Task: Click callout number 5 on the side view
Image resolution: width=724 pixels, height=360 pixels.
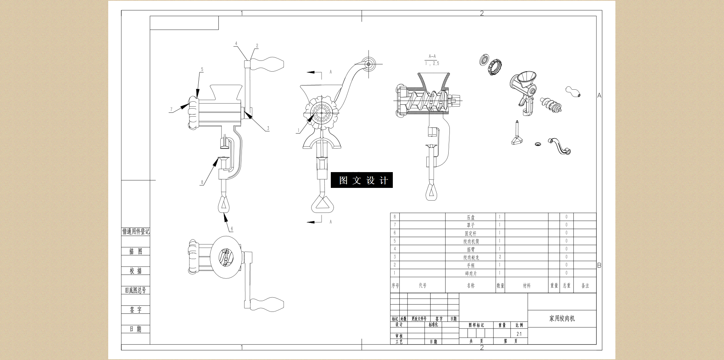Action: click(202, 70)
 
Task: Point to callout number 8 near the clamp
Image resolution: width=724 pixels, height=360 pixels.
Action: click(202, 183)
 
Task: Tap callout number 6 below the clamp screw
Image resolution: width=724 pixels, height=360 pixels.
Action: click(232, 229)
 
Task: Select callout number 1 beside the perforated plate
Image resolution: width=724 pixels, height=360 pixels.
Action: click(298, 131)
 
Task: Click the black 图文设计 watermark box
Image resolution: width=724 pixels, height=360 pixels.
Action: click(362, 180)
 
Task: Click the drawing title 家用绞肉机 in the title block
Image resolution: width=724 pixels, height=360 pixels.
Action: click(562, 318)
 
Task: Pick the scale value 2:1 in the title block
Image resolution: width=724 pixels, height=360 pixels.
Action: click(519, 334)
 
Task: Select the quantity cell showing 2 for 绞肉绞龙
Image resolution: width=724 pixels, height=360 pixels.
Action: click(500, 257)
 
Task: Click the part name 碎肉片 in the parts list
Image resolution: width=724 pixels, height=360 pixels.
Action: click(471, 273)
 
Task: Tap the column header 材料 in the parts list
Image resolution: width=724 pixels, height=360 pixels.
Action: click(526, 286)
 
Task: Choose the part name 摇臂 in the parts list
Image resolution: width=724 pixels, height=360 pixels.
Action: click(471, 249)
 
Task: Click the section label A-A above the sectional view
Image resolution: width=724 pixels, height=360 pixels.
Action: click(432, 56)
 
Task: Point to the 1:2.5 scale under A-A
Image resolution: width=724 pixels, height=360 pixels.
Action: click(432, 64)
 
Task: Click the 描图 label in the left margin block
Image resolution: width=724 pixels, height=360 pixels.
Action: click(136, 251)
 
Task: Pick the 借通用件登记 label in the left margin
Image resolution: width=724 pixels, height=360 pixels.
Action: click(136, 231)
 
